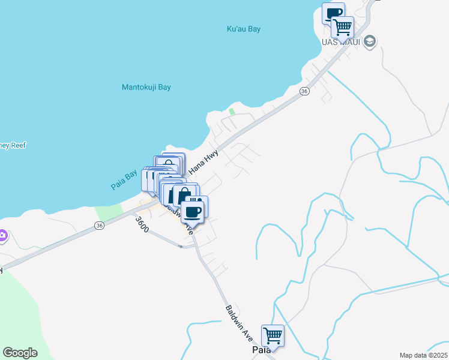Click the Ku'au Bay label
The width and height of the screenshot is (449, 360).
pyautogui.click(x=244, y=29)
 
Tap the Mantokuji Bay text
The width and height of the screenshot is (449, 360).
pyautogui.click(x=146, y=87)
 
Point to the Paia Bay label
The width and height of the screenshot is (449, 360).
pyautogui.click(x=124, y=181)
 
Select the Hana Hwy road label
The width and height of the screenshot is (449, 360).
pyautogui.click(x=203, y=163)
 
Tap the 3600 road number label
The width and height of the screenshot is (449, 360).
pyautogui.click(x=142, y=224)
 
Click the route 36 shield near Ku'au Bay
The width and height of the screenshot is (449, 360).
pyautogui.click(x=304, y=91)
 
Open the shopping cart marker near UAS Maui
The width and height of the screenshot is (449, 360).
pyautogui.click(x=342, y=26)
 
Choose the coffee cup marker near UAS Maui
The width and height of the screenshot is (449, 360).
pyautogui.click(x=333, y=13)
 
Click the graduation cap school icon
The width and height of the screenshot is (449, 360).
pyautogui.click(x=370, y=41)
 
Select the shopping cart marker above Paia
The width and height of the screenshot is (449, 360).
pyautogui.click(x=273, y=334)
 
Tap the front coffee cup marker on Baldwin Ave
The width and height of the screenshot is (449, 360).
pyautogui.click(x=193, y=211)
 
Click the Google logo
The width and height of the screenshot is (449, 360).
pyautogui.click(x=20, y=353)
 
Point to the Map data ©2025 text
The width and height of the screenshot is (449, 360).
pyautogui.click(x=423, y=355)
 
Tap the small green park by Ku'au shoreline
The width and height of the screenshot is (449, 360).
pyautogui.click(x=232, y=111)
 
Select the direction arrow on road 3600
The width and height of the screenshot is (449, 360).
pyautogui.click(x=180, y=246)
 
